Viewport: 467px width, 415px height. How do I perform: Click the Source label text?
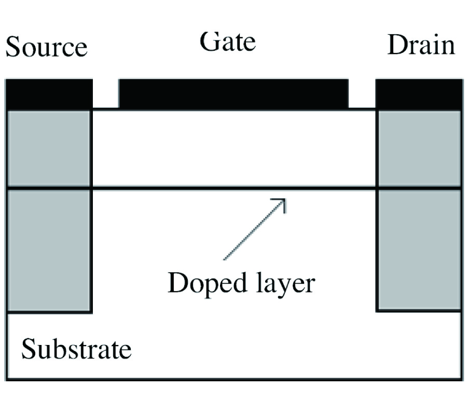(x=46, y=47)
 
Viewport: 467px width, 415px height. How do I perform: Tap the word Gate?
(x=228, y=41)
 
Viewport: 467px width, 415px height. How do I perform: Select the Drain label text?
(x=421, y=45)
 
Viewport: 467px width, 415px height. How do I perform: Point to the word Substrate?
(x=76, y=350)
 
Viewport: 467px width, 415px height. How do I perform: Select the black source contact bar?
(x=49, y=94)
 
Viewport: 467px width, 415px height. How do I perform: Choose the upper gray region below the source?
(x=49, y=148)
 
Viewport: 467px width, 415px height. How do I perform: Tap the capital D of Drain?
(x=396, y=45)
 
